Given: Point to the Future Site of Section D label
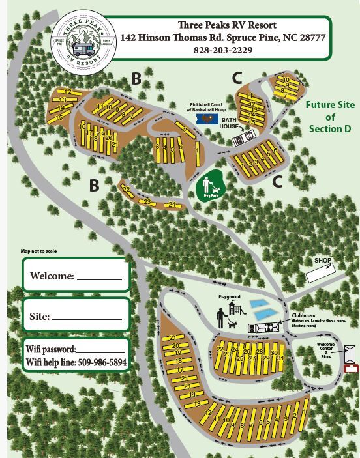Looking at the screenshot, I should tap(329, 117).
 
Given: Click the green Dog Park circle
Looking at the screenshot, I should tap(211, 186).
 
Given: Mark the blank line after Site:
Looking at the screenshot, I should tap(85, 318).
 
